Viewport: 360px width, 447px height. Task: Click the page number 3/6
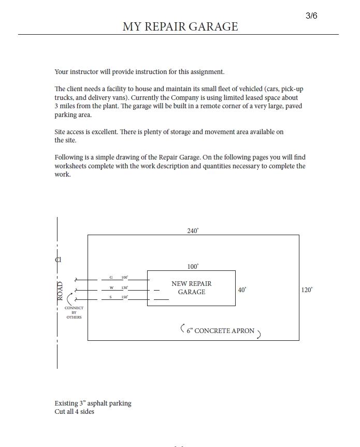(311, 16)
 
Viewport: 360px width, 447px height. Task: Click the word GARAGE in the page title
(214, 26)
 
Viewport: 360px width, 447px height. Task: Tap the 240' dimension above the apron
(193, 231)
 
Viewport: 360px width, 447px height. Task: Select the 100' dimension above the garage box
(193, 267)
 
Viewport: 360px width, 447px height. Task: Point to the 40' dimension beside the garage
(242, 290)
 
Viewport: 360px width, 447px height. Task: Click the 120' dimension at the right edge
(307, 290)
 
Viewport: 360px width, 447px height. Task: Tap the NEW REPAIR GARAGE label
(192, 288)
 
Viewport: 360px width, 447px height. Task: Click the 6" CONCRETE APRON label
(221, 331)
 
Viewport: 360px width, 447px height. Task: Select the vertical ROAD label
(60, 291)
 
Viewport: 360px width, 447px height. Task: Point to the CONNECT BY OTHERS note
(74, 312)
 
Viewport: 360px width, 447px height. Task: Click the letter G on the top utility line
(111, 278)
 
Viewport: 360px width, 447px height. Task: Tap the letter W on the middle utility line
(111, 287)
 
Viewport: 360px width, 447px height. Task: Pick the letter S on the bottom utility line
(110, 297)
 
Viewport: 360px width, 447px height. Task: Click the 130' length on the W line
(125, 287)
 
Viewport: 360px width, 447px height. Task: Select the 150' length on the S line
(125, 297)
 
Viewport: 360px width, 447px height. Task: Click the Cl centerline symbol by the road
(58, 259)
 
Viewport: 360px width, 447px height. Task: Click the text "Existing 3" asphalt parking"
(93, 403)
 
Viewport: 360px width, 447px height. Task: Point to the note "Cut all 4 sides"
(75, 412)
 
